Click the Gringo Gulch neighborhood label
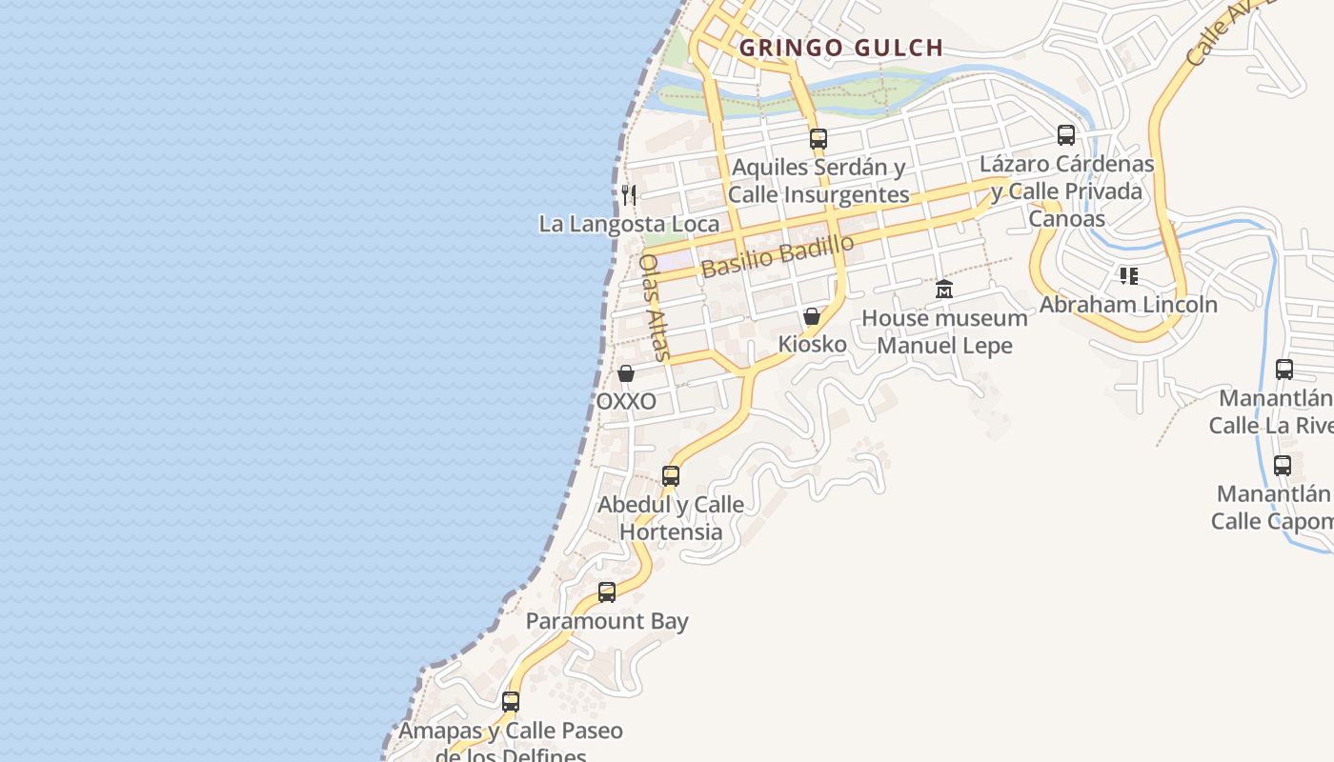click(x=841, y=48)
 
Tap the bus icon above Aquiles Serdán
click(x=818, y=139)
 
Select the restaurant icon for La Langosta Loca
click(x=628, y=196)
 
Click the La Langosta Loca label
click(x=629, y=225)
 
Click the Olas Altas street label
click(x=655, y=307)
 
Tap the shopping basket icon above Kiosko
click(x=812, y=316)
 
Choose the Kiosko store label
click(x=812, y=344)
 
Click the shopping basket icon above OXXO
click(x=626, y=373)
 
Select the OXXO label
click(x=626, y=402)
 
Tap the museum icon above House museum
click(x=944, y=290)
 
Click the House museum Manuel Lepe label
click(x=944, y=331)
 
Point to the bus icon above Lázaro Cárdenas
click(x=1066, y=135)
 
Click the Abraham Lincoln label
click(x=1128, y=305)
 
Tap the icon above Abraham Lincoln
click(x=1129, y=276)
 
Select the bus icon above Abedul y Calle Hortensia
click(x=671, y=475)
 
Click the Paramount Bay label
click(x=607, y=622)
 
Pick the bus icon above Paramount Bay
click(x=607, y=592)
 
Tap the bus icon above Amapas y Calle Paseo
click(x=511, y=702)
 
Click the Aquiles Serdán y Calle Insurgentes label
click(x=819, y=181)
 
